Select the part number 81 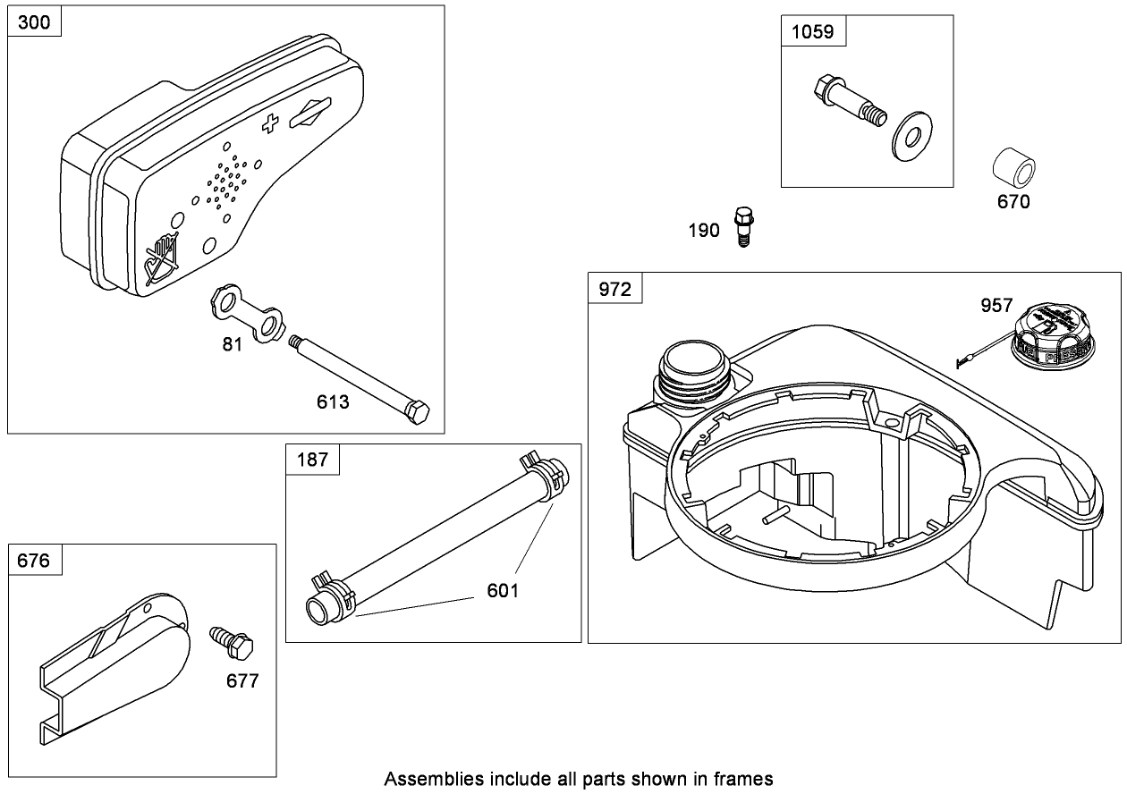coord(232,344)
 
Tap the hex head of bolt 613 coord(418,413)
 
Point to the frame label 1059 coord(812,31)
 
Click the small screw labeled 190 coord(741,224)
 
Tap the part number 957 coord(996,306)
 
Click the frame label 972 coord(614,289)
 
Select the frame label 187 coord(312,460)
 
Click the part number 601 coord(503,590)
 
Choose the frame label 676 coord(34,561)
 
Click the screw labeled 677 coord(230,641)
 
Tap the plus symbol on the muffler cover coord(268,124)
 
